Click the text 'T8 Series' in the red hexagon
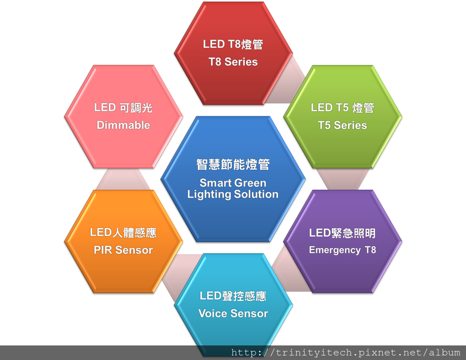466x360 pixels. point(233,62)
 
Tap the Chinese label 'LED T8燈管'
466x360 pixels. point(233,44)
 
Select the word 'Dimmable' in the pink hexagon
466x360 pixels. point(123,125)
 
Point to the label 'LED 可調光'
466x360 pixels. point(123,107)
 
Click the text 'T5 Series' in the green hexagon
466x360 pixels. point(342,125)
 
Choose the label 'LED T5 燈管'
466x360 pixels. point(342,107)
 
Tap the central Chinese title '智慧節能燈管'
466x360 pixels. point(233,164)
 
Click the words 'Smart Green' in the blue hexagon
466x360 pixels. point(233,183)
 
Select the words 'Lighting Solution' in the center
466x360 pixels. point(233,194)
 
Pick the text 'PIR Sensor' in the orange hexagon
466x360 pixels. point(123,250)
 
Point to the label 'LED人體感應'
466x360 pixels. point(123,233)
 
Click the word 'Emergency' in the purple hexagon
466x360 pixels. point(334,250)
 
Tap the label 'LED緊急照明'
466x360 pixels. point(342,233)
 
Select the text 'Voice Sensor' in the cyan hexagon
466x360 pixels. point(233,313)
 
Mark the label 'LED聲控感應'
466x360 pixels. point(233,296)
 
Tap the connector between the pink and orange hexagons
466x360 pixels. point(123,179)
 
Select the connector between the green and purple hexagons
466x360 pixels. point(342,179)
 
